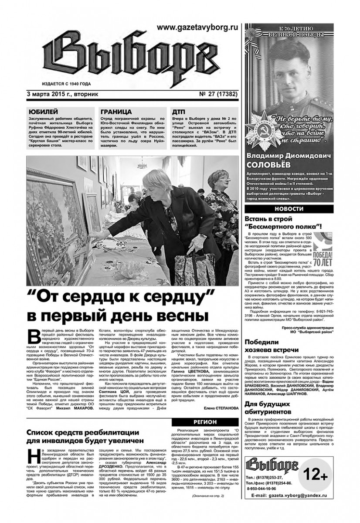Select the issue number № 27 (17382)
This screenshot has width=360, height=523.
(215, 94)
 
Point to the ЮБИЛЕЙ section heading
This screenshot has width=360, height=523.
(42, 111)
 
